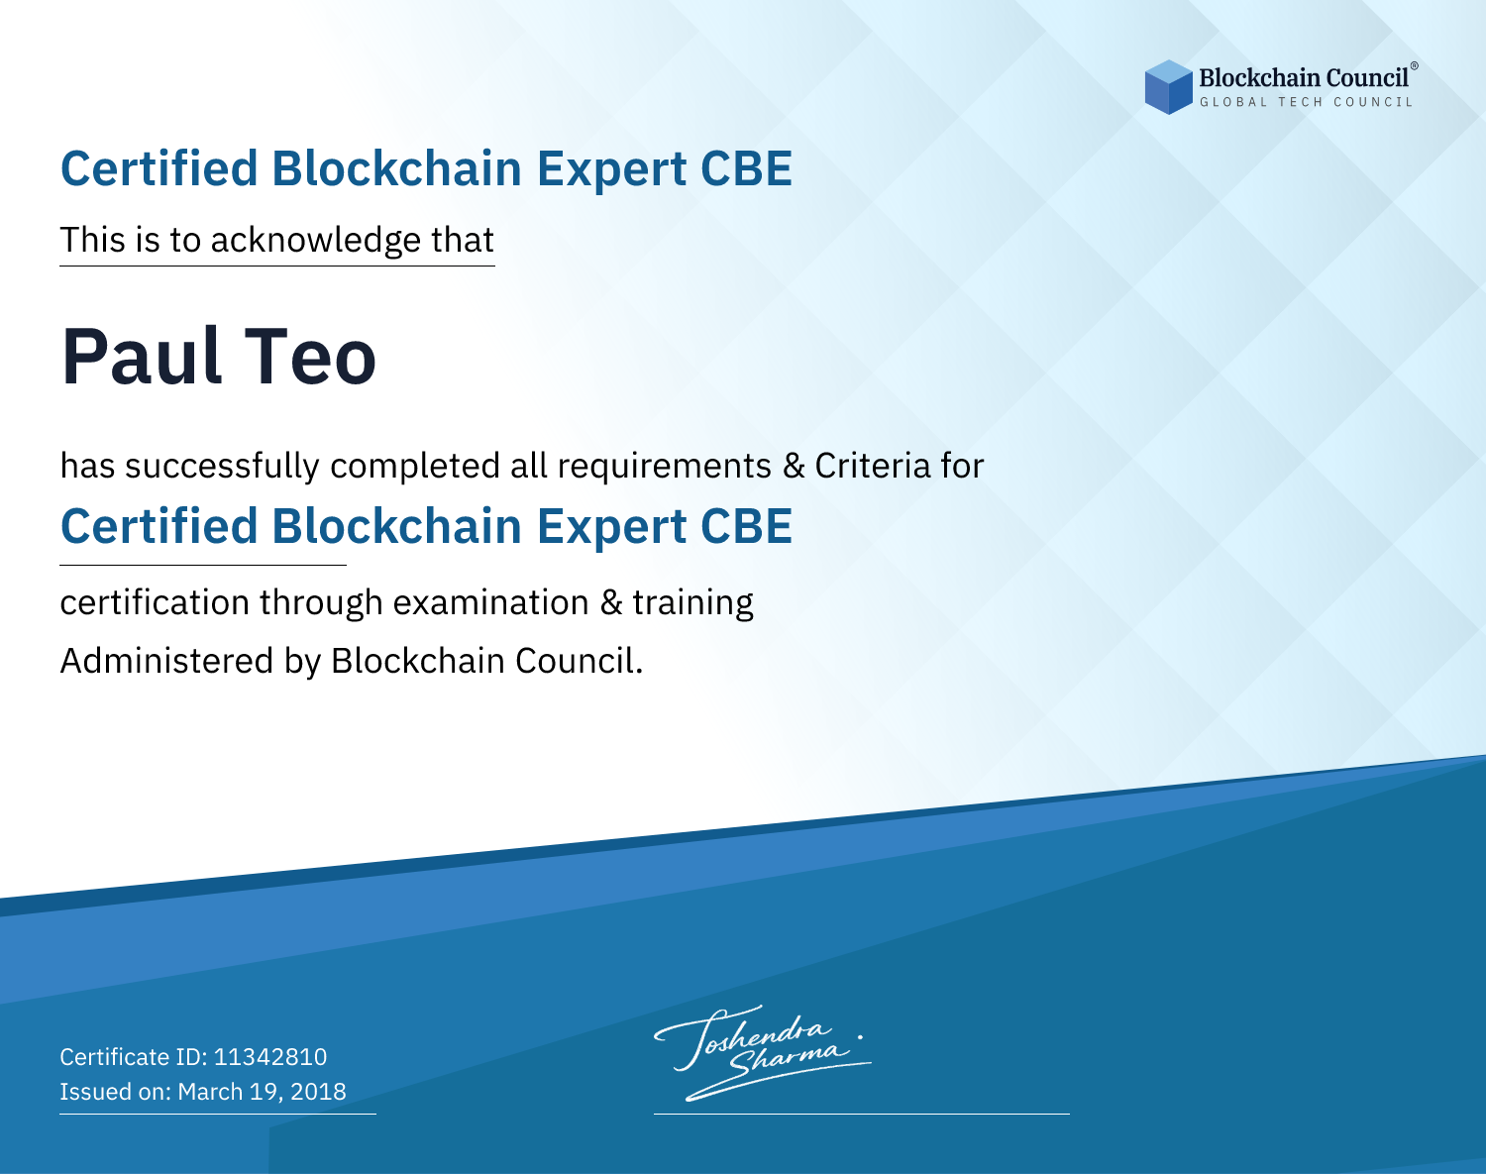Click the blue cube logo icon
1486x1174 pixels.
tap(1168, 87)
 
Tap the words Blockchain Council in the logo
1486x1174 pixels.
tap(1304, 78)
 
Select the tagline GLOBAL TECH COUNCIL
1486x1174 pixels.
tap(1307, 102)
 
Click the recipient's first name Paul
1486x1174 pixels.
tap(142, 357)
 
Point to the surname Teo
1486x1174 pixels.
tap(310, 357)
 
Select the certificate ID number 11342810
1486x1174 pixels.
tap(270, 1056)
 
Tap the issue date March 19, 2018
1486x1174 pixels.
tap(262, 1091)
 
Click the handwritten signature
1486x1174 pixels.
tap(763, 1052)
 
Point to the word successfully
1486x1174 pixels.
tap(222, 467)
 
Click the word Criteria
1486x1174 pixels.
tap(872, 466)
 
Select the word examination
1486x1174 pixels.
tap(491, 602)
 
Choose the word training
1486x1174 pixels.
tap(692, 603)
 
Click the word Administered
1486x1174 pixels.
tap(167, 661)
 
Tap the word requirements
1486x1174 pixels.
tap(665, 467)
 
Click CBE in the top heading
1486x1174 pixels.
tap(746, 168)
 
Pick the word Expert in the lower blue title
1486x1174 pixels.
tap(612, 527)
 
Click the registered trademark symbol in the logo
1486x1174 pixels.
tap(1414, 65)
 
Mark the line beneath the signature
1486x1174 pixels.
tap(861, 1114)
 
